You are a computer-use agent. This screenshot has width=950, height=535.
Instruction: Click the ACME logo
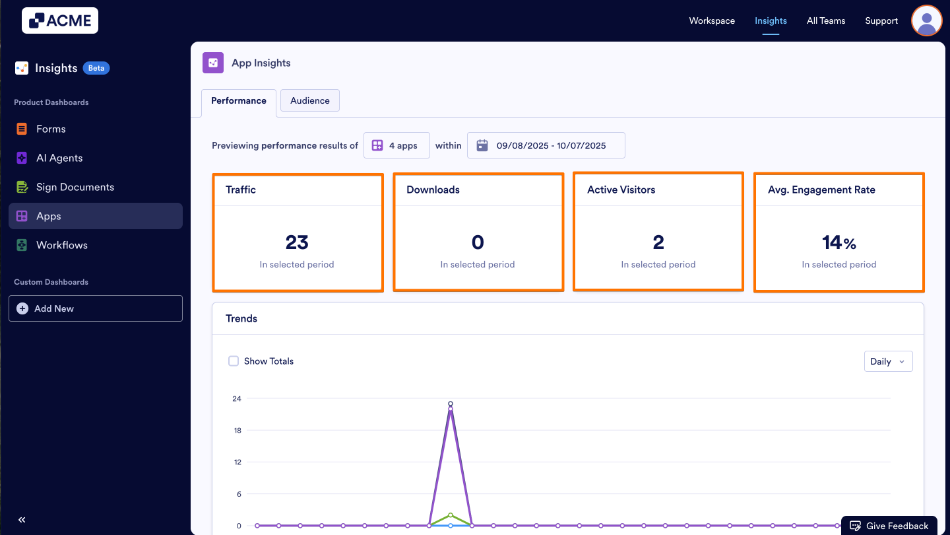coord(60,20)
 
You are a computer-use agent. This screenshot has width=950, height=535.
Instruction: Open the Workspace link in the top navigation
coord(712,20)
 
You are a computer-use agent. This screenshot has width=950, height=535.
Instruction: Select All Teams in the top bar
coord(825,20)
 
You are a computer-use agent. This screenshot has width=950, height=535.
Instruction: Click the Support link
coord(881,20)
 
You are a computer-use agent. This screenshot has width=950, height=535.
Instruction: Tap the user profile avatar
coord(926,20)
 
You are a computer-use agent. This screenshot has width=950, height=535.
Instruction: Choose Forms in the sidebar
coord(51,129)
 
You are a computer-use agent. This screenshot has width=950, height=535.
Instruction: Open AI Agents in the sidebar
coord(59,158)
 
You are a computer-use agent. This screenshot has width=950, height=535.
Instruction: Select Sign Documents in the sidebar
coord(75,187)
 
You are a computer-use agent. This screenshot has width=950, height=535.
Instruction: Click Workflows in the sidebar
coord(61,245)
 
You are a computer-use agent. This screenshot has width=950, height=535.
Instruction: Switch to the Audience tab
coord(309,100)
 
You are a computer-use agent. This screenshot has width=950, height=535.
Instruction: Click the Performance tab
coord(239,101)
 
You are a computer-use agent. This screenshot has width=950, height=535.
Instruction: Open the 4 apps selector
coord(396,145)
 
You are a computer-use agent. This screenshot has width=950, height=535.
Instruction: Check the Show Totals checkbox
coord(234,361)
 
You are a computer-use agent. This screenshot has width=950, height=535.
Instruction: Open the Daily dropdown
coord(888,361)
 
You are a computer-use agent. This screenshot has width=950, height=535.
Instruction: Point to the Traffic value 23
coord(297,242)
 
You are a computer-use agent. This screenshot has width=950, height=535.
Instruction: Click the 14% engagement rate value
coord(839,242)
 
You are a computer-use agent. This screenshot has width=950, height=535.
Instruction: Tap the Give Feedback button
coord(889,526)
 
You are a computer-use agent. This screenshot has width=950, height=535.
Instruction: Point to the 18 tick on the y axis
coord(236,431)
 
